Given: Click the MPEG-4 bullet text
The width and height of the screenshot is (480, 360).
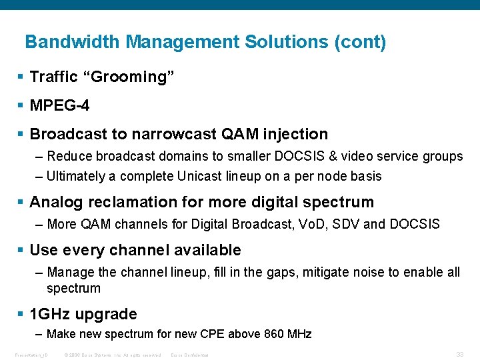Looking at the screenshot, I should pyautogui.click(x=60, y=106).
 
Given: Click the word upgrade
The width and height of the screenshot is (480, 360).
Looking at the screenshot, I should pyautogui.click(x=107, y=315).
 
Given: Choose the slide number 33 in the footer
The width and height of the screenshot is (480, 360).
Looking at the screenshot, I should pyautogui.click(x=459, y=354).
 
